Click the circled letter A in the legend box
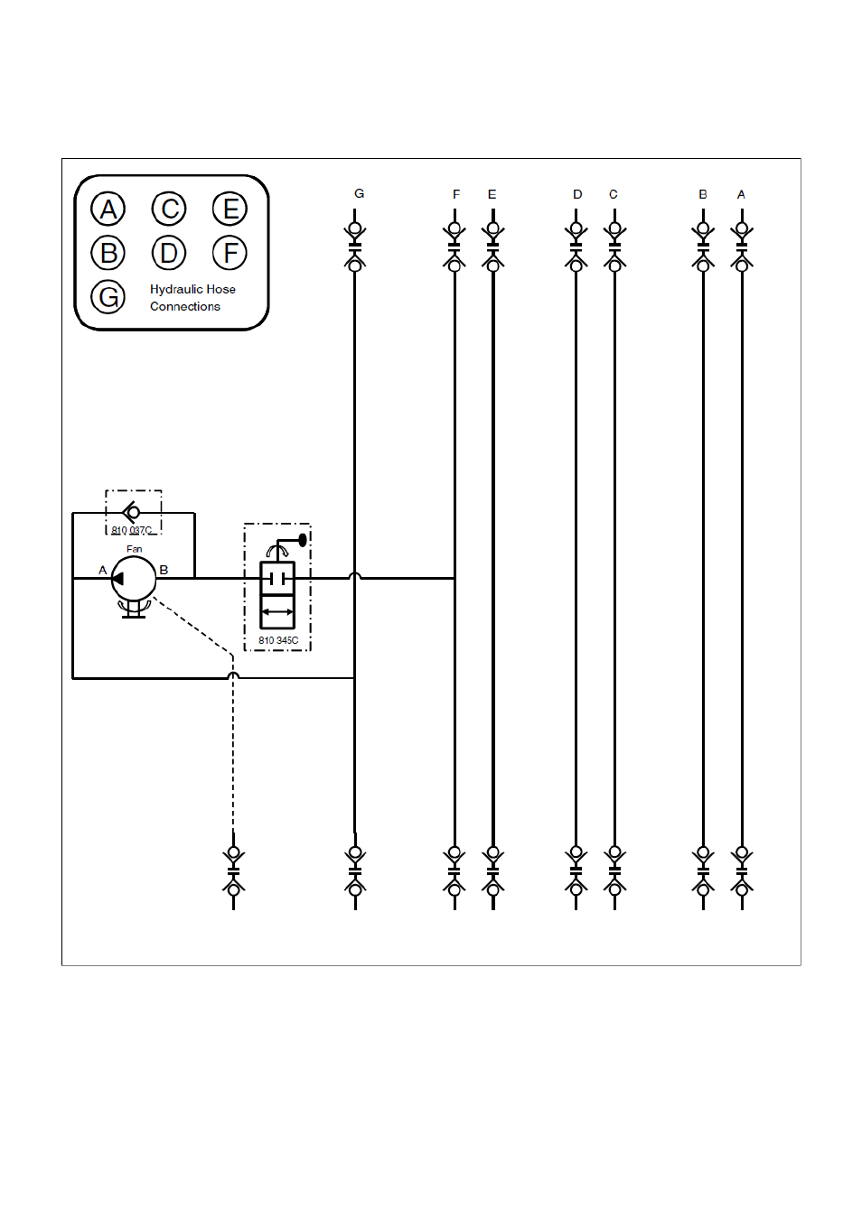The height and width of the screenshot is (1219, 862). coord(108,209)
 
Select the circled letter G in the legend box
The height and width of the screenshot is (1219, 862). coord(108,297)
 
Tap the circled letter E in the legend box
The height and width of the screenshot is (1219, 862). coord(230,209)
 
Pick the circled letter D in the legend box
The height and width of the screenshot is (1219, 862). coord(169,253)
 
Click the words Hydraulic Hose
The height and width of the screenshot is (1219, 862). coord(192,290)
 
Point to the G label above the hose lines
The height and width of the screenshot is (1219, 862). coord(359,193)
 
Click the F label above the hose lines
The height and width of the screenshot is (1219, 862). coord(456,194)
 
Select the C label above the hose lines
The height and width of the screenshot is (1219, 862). coord(614,194)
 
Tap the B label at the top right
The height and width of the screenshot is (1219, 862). coord(703,194)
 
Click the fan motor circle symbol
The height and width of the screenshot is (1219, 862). coord(134,579)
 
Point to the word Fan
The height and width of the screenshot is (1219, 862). coord(134,549)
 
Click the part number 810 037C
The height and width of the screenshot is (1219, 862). coord(132,530)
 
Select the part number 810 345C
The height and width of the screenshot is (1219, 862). coord(278,640)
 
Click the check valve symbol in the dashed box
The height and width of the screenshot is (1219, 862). coord(132,512)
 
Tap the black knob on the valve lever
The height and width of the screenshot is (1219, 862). coord(303,540)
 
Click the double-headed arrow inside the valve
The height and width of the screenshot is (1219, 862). coord(277,612)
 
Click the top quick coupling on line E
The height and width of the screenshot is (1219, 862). coord(493,247)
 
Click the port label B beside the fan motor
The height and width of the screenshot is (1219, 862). coord(164,570)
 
